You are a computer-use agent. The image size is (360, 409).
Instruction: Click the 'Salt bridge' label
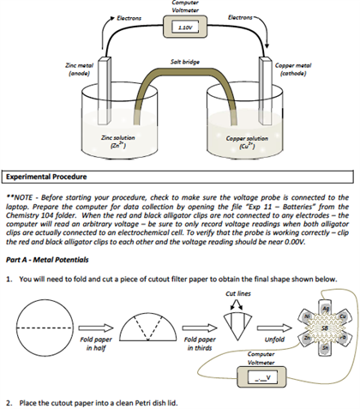(x=186, y=61)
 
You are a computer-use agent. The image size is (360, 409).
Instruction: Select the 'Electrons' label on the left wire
(x=129, y=18)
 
